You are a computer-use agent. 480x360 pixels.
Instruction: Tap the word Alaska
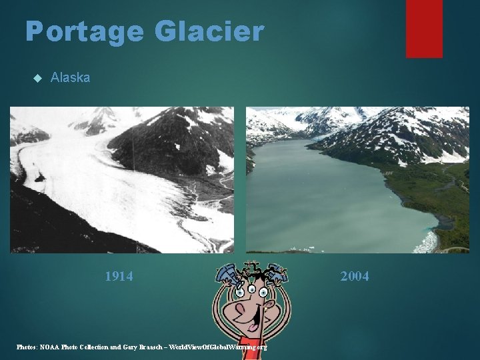pos(70,77)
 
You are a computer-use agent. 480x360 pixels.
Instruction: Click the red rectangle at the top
pos(424,28)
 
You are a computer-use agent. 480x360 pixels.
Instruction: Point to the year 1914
pos(119,276)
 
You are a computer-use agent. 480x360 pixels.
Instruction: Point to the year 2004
pos(355,276)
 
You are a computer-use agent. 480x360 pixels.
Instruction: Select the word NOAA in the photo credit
pos(50,347)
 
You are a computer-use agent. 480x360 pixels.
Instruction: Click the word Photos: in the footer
pos(27,347)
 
